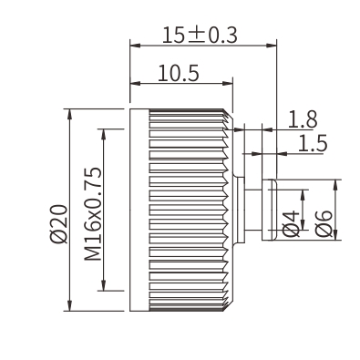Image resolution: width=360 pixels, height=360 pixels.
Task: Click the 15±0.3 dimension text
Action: tap(200, 35)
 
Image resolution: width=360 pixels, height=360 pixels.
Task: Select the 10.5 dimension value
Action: tap(179, 73)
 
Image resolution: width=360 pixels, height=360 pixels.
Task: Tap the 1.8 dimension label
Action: tap(303, 119)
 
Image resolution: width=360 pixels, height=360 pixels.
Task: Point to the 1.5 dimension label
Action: tap(313, 143)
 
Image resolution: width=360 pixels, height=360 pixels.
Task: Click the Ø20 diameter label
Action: tap(58, 223)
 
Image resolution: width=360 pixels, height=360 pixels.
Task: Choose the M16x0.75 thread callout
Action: tap(93, 213)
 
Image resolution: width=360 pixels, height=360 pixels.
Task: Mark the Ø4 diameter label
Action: tap(291, 224)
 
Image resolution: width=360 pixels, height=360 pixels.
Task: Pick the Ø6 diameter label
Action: tap(324, 223)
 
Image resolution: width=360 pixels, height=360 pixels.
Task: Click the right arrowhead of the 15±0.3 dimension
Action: tap(272, 46)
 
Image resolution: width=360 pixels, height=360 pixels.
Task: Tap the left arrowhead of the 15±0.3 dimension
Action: tap(135, 46)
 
